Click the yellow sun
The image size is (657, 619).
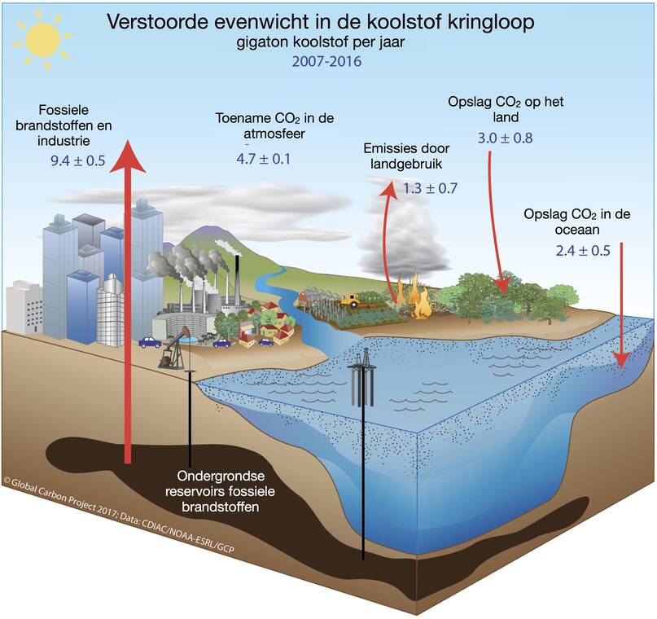[x=42, y=40]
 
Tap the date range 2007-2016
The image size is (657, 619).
[x=326, y=62]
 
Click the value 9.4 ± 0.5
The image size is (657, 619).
[x=78, y=160]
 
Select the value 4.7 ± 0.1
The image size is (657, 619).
[x=263, y=159]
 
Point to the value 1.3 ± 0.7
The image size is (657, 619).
[x=430, y=188]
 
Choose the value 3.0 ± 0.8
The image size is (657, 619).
[x=505, y=138]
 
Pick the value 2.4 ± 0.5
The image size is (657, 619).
[x=583, y=251]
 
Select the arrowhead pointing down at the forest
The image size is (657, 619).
[x=503, y=287]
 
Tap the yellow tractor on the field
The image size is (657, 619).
[x=351, y=301]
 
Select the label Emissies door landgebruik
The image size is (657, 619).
[x=406, y=156]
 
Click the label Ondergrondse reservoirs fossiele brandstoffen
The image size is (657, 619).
[x=221, y=492]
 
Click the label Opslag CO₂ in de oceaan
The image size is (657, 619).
[x=577, y=222]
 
